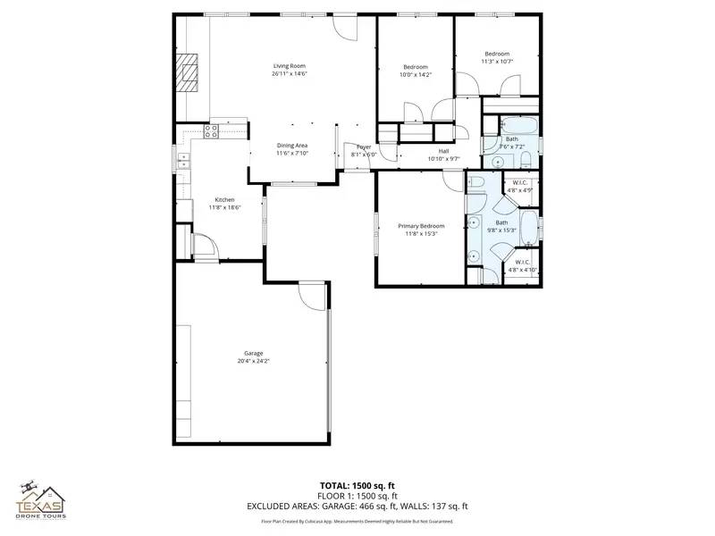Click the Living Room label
click(290, 66)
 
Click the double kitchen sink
click(182, 161)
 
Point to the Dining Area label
click(291, 145)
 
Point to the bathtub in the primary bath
click(528, 229)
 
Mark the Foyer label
click(364, 147)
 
